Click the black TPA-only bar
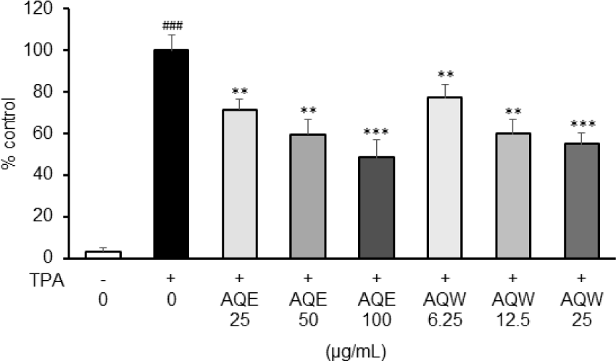(x=171, y=154)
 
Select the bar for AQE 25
(x=239, y=184)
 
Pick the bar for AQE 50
(x=307, y=196)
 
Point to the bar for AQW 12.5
(x=512, y=195)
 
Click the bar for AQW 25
(x=580, y=200)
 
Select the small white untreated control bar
(x=103, y=255)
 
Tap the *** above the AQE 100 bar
(x=375, y=131)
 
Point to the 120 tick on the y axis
(x=49, y=9)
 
